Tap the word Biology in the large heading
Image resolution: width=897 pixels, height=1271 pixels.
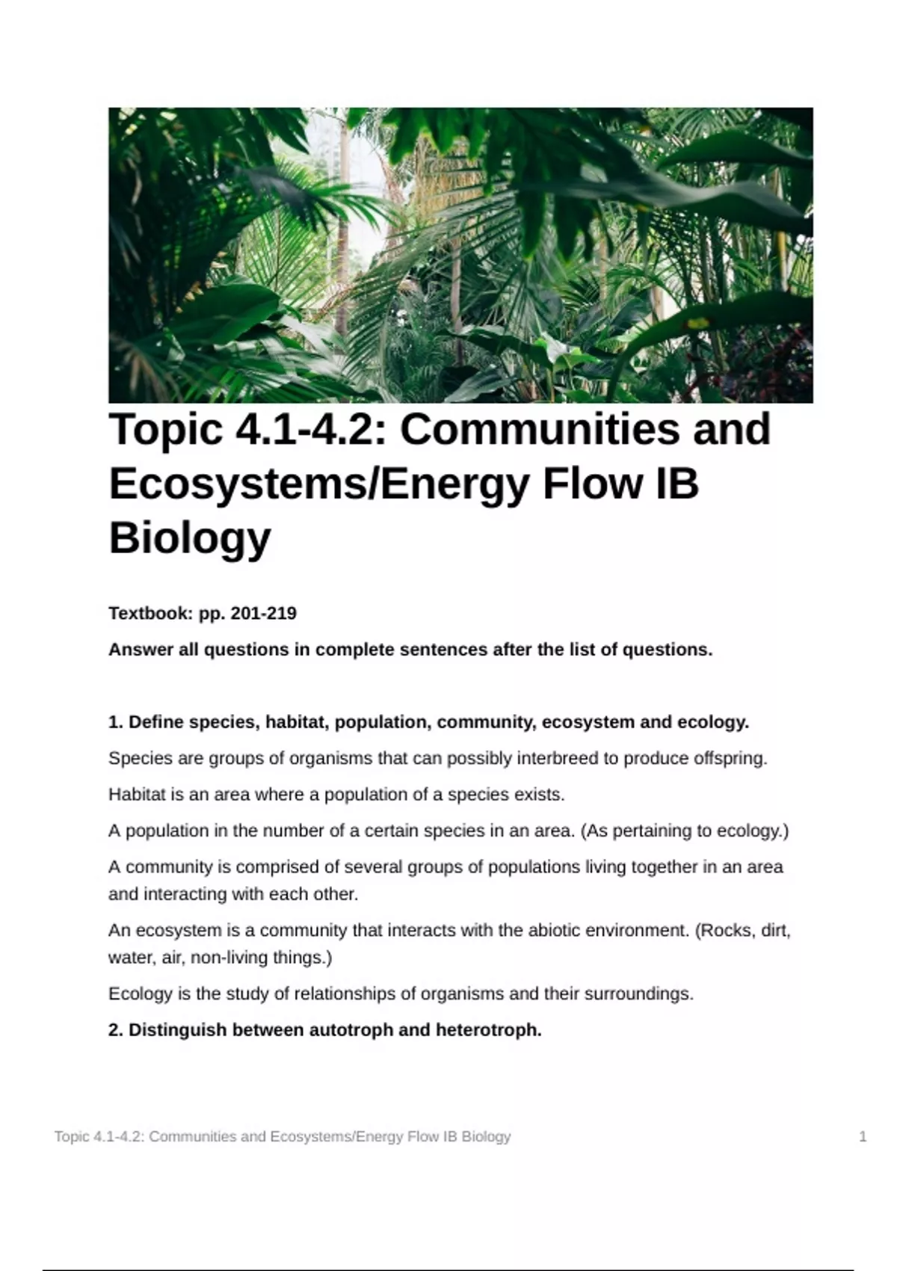(190, 538)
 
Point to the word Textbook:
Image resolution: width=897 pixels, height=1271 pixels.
(151, 613)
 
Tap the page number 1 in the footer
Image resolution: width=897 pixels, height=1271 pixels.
(863, 1137)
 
